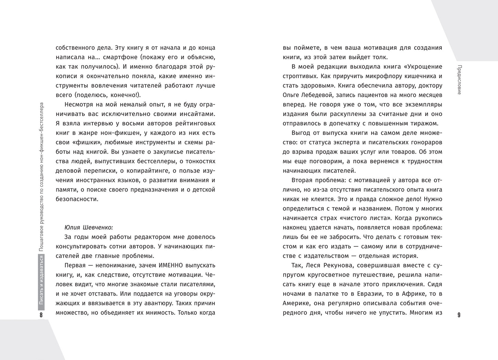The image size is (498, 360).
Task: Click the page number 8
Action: click(41, 315)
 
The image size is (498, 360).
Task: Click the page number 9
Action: click(459, 315)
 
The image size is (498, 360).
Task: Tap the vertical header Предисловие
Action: click(459, 80)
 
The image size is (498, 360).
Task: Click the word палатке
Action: click(321, 294)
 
